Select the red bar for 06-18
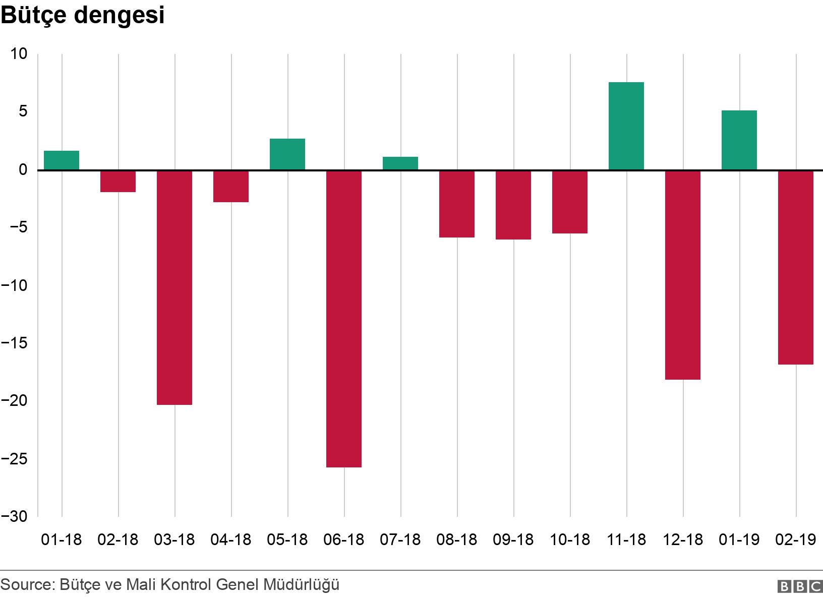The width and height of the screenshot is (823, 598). pyautogui.click(x=344, y=319)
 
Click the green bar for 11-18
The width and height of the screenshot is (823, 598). pyautogui.click(x=626, y=126)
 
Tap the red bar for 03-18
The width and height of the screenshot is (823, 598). pyautogui.click(x=174, y=287)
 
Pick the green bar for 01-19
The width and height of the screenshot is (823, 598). pyautogui.click(x=739, y=140)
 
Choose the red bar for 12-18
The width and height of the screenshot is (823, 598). pyautogui.click(x=683, y=275)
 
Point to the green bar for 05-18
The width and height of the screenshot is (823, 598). pyautogui.click(x=287, y=154)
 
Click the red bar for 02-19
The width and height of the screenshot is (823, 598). pyautogui.click(x=796, y=267)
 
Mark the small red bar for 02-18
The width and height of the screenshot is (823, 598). pyautogui.click(x=118, y=182)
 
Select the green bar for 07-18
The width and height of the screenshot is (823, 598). pyautogui.click(x=400, y=163)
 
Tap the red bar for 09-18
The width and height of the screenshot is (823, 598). pyautogui.click(x=513, y=205)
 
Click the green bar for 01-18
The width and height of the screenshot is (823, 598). pyautogui.click(x=62, y=160)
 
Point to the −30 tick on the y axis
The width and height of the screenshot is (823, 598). pyautogui.click(x=14, y=516)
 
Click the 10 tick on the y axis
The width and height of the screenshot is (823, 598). pyautogui.click(x=19, y=54)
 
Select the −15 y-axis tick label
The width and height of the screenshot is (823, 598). pyautogui.click(x=14, y=343)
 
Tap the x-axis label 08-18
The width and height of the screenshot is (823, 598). pyautogui.click(x=457, y=540)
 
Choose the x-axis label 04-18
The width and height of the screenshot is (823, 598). pyautogui.click(x=231, y=540)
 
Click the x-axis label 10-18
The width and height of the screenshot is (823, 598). pyautogui.click(x=570, y=540)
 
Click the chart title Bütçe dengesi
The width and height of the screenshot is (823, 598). pyautogui.click(x=83, y=16)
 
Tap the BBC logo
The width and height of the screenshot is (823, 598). pyautogui.click(x=799, y=586)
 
